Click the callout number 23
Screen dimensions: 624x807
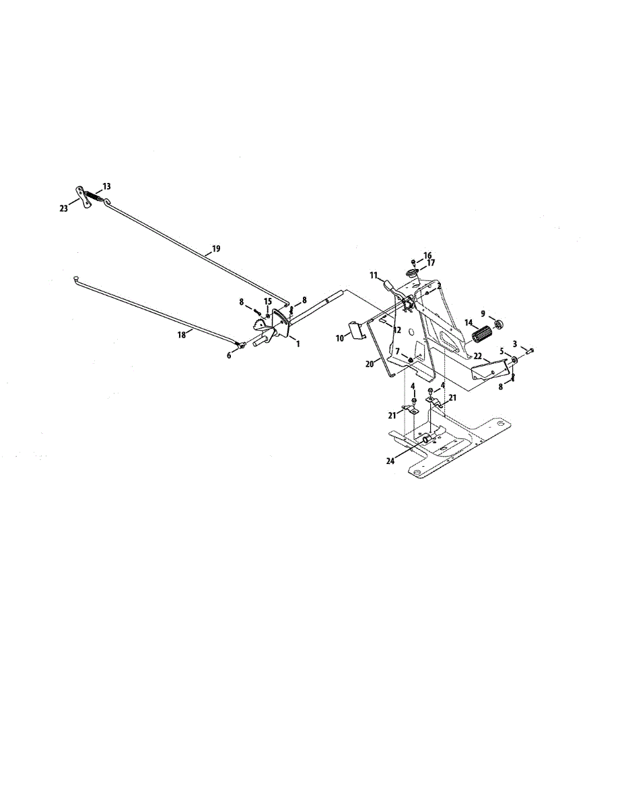pos(64,209)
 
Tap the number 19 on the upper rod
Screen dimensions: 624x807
pos(215,249)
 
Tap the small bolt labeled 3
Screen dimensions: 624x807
pos(529,350)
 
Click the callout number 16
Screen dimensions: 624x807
pos(427,256)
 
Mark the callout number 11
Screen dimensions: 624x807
pos(374,275)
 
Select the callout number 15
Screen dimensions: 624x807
pos(268,301)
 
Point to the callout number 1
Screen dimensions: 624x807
pos(297,343)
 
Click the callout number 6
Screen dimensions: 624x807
pos(229,355)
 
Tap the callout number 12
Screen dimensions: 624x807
pos(397,330)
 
